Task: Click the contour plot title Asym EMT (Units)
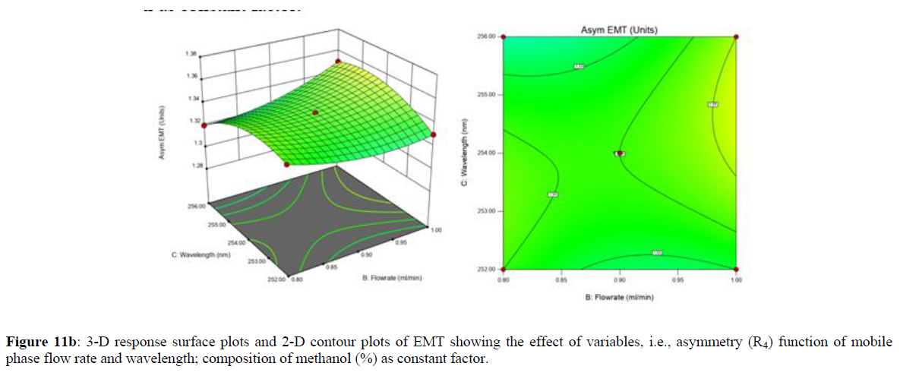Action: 620,30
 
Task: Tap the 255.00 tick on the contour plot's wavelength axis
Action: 487,95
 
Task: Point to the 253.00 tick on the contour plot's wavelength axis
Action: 487,211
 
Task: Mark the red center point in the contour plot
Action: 620,153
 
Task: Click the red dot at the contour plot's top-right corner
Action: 736,36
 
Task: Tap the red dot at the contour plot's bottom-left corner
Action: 504,269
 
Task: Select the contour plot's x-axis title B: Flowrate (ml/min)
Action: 619,298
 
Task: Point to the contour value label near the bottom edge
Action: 657,252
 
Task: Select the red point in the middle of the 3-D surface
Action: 315,112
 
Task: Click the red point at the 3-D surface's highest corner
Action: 339,62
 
